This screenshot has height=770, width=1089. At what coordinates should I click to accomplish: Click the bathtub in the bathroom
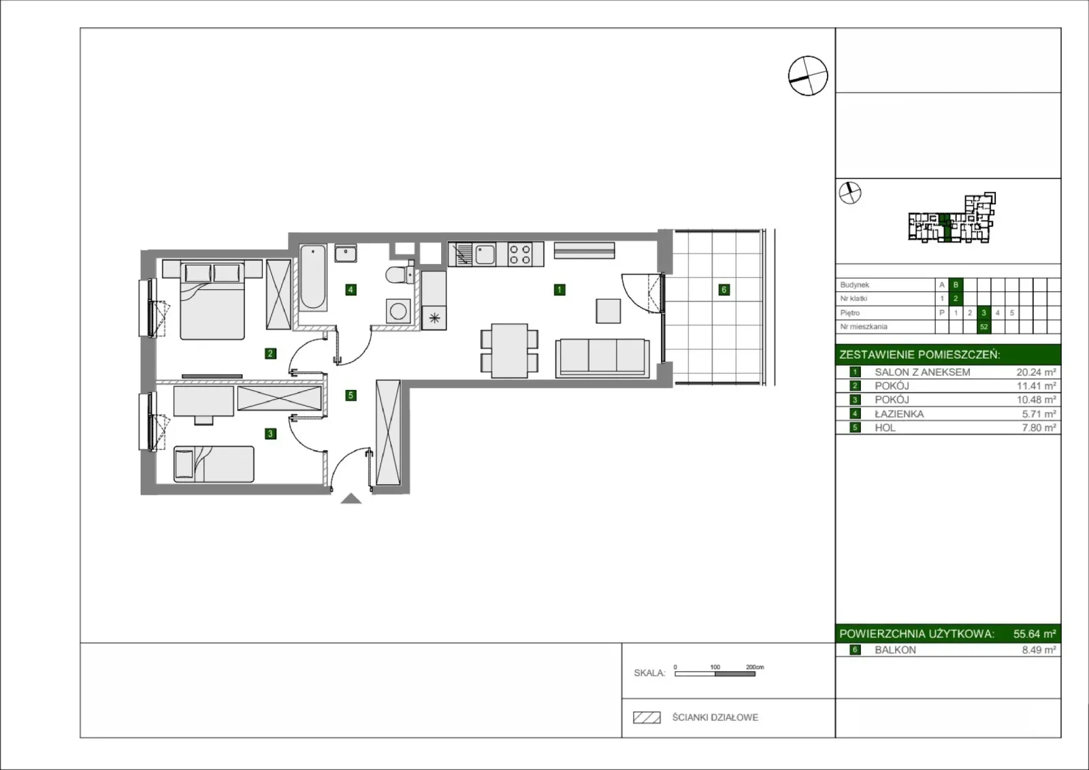tap(312, 277)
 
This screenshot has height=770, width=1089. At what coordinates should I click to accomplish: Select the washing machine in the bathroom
tap(398, 311)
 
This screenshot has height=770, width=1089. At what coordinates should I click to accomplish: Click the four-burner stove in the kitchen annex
tap(520, 255)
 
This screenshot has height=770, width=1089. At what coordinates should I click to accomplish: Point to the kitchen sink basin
tap(485, 255)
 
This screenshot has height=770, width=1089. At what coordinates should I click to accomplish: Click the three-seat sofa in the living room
tap(602, 358)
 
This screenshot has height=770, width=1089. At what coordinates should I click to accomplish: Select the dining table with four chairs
tap(510, 351)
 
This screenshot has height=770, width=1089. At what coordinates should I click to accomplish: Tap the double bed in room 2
tap(212, 301)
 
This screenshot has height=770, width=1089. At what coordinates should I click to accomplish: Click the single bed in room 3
tap(214, 464)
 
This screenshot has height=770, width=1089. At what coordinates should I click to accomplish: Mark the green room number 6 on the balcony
tap(724, 290)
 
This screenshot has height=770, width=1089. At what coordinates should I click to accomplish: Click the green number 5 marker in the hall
tap(351, 396)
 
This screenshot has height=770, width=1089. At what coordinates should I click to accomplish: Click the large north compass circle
tap(808, 76)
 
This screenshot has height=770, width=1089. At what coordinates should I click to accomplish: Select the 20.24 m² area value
tap(1036, 372)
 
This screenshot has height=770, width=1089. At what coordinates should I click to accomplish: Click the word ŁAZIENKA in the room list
tap(899, 414)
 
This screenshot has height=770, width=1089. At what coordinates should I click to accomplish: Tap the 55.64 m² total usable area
tap(1035, 634)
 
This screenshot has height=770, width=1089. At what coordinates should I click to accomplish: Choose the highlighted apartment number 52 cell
tap(984, 327)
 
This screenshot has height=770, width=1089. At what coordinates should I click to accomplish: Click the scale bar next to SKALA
tap(715, 674)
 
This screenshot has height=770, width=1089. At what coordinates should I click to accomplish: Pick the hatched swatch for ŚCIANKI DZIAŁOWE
tap(647, 718)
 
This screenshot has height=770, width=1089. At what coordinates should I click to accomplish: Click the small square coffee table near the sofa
tap(608, 311)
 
